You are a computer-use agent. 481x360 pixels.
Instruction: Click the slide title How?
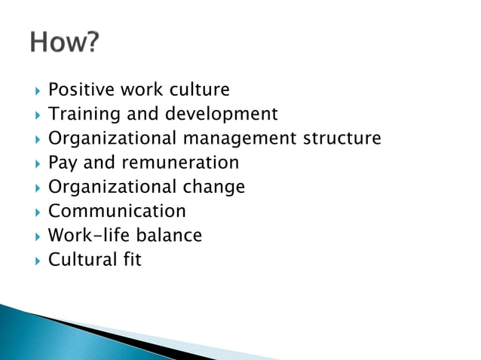64,44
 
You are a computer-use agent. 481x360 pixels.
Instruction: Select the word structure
342,139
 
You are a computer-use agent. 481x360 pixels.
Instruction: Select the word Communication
117,211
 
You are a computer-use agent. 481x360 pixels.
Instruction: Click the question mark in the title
90,44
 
